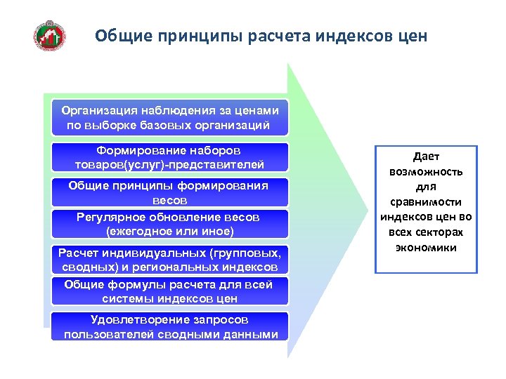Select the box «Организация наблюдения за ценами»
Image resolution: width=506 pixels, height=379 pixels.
point(171,119)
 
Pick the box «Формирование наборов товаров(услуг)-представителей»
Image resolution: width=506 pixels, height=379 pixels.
point(171,158)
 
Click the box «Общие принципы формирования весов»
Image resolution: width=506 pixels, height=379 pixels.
point(171,192)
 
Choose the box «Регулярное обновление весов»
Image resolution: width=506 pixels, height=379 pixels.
point(171,224)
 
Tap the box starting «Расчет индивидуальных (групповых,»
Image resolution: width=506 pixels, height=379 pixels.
point(171,260)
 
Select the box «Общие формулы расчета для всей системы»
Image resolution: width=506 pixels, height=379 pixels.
point(171,291)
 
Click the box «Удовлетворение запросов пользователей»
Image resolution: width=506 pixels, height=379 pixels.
point(171,327)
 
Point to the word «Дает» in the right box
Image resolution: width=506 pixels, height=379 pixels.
point(426,157)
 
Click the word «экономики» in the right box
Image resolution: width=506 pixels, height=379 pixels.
point(426,248)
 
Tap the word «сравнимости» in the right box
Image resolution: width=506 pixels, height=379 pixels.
point(426,202)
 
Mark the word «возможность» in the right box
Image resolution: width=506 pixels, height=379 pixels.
point(426,172)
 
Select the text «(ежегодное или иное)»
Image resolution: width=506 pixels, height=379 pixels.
point(169,230)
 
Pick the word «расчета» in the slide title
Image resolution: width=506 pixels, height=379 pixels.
point(278,35)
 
